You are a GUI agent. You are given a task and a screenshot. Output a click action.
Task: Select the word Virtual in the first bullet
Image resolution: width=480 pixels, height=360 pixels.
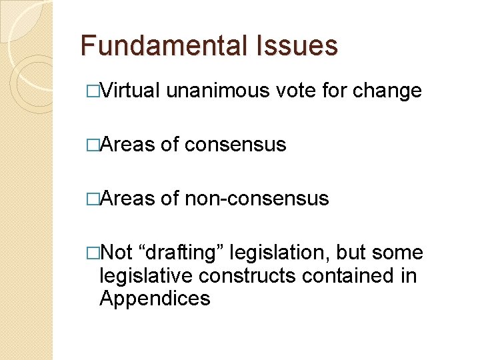(130, 90)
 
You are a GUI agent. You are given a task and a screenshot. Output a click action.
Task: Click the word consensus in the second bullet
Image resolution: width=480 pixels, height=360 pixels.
(235, 144)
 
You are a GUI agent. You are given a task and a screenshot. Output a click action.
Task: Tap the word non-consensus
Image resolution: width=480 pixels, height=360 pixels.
(257, 198)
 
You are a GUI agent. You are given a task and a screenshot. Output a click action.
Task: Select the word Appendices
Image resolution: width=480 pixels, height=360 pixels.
(155, 298)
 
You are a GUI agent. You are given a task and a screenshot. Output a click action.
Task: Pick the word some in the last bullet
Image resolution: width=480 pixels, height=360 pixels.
(398, 253)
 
